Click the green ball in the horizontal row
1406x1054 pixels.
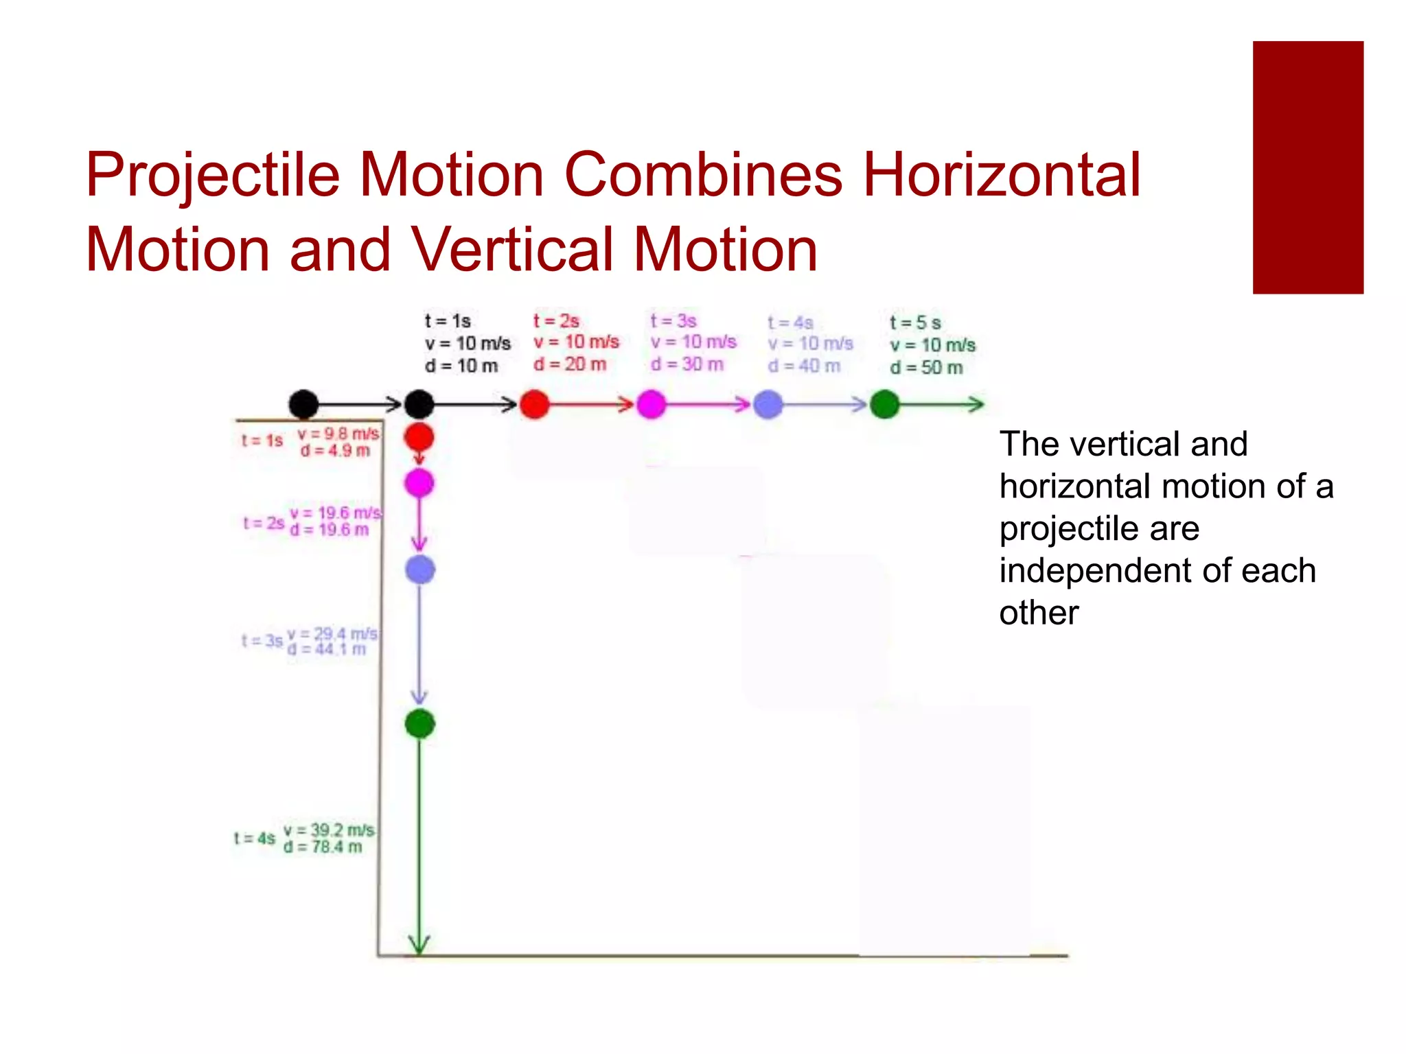tap(884, 404)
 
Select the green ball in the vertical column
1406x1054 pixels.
tap(420, 723)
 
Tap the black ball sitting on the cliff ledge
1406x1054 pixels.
tap(303, 404)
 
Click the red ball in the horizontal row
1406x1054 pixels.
tap(534, 404)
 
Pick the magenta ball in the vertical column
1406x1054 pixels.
tap(419, 483)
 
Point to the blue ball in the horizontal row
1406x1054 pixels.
tap(768, 404)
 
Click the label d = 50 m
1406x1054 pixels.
tap(926, 368)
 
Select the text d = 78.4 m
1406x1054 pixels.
tap(323, 847)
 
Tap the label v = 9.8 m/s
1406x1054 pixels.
tap(338, 434)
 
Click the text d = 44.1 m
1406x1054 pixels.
tap(327, 649)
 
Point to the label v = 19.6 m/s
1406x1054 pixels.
tap(336, 513)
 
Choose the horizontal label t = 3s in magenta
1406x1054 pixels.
tap(673, 320)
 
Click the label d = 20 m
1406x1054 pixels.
tap(570, 364)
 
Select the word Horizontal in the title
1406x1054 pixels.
tap(1001, 175)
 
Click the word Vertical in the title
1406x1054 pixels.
tap(512, 250)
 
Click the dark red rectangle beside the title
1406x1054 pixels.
tap(1307, 167)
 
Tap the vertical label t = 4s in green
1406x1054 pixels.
tap(255, 839)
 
